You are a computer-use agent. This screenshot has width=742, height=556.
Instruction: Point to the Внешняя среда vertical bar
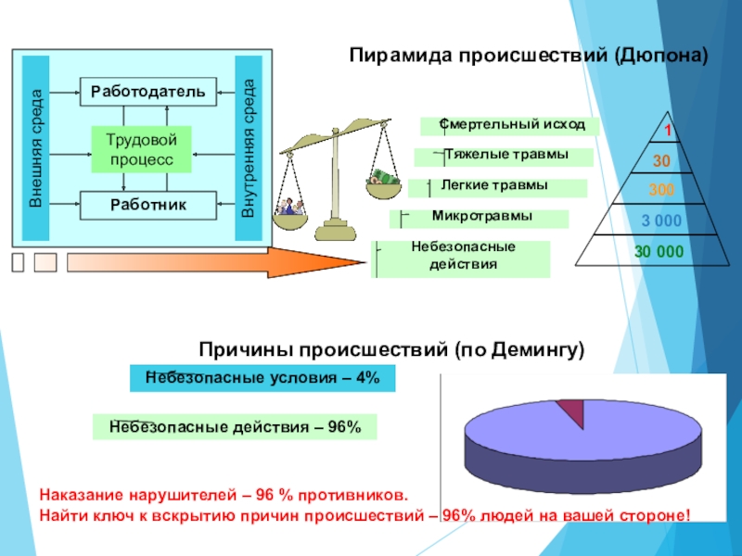click(x=35, y=146)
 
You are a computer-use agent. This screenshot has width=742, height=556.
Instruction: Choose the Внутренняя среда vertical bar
click(x=249, y=146)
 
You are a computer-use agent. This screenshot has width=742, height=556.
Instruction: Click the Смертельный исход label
click(x=509, y=125)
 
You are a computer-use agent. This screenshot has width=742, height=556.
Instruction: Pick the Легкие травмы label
click(x=498, y=187)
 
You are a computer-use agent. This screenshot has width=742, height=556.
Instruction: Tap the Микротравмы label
click(x=479, y=218)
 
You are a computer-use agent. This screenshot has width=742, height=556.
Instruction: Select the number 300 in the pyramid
click(x=662, y=191)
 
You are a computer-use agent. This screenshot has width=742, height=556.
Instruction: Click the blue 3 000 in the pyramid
click(x=660, y=221)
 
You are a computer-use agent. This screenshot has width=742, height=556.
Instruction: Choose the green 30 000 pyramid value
click(x=659, y=251)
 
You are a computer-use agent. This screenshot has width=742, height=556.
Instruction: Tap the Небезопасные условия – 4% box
click(x=262, y=378)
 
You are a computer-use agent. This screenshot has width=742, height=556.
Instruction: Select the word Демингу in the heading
click(x=531, y=350)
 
